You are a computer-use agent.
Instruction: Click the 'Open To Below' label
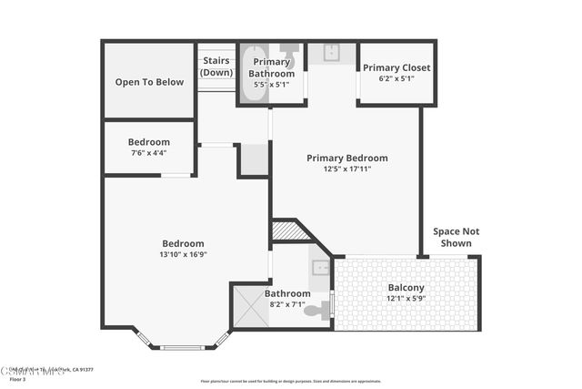(x=149, y=82)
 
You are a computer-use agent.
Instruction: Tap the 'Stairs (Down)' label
(x=216, y=67)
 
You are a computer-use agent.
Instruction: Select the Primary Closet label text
(x=396, y=67)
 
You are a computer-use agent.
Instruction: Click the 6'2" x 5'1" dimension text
(x=396, y=78)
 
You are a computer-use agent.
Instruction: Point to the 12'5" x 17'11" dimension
(x=347, y=169)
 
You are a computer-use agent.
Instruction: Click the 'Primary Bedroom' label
(x=347, y=158)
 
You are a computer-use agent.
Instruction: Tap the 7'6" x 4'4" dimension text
(x=149, y=153)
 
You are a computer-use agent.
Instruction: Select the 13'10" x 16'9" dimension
(x=183, y=255)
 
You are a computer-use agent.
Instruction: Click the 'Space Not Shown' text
(x=456, y=237)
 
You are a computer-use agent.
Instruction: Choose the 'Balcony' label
(x=406, y=286)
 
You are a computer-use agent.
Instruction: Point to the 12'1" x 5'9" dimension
(x=406, y=298)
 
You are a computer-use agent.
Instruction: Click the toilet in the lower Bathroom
(x=314, y=312)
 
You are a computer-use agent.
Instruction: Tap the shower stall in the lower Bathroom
(x=250, y=306)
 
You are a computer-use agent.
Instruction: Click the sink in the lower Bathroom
(x=320, y=268)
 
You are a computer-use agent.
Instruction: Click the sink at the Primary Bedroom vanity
(x=332, y=53)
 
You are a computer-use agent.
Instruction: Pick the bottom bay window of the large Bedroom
(x=183, y=346)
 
